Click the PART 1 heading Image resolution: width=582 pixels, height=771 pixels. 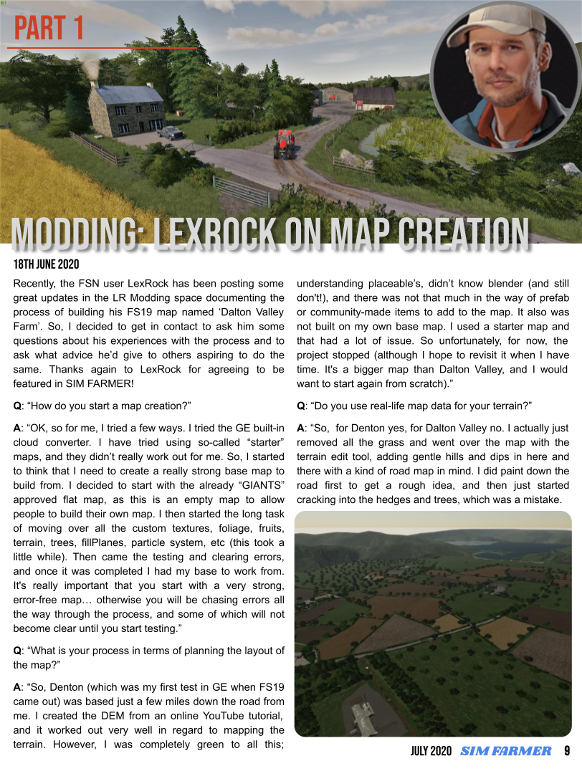pos(49,29)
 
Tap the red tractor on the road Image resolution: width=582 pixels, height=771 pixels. pos(284,143)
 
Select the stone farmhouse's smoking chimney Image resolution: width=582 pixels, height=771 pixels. pos(94,77)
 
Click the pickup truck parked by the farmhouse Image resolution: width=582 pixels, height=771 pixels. pos(170,133)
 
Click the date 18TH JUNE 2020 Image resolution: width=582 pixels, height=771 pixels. pos(47,264)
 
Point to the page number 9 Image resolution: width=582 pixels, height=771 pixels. pos(567,752)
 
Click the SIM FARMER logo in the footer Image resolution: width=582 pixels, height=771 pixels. pos(505,752)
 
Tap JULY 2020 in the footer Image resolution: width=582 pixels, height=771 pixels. pos(431,752)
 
